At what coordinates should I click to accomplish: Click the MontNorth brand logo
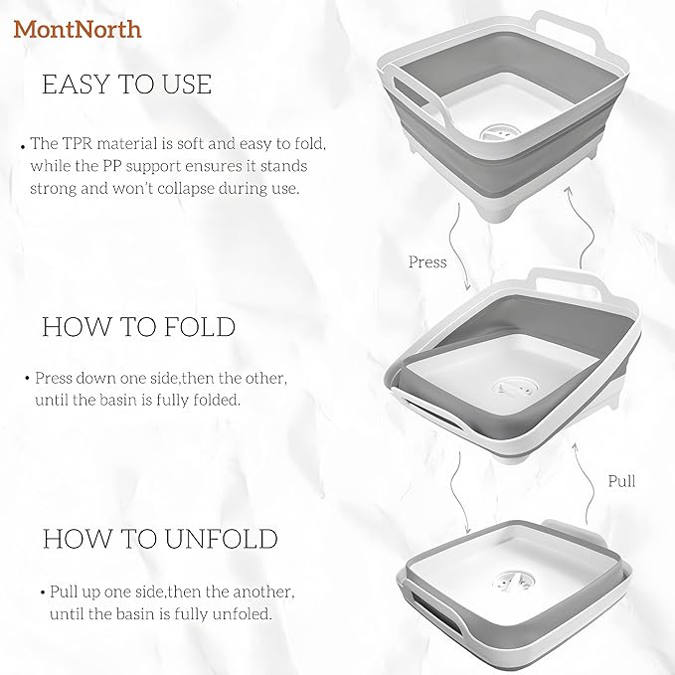pyautogui.click(x=78, y=29)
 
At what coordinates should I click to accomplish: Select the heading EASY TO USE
pyautogui.click(x=126, y=84)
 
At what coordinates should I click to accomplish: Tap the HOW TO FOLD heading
pyautogui.click(x=138, y=327)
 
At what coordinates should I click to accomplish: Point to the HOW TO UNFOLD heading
pyautogui.click(x=159, y=539)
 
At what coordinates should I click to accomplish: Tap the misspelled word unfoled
pyautogui.click(x=244, y=613)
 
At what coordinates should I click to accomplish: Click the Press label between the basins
pyautogui.click(x=427, y=262)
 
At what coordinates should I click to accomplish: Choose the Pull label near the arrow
pyautogui.click(x=621, y=481)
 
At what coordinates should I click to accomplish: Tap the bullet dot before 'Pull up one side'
pyautogui.click(x=43, y=592)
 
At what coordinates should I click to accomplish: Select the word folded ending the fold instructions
pyautogui.click(x=219, y=401)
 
